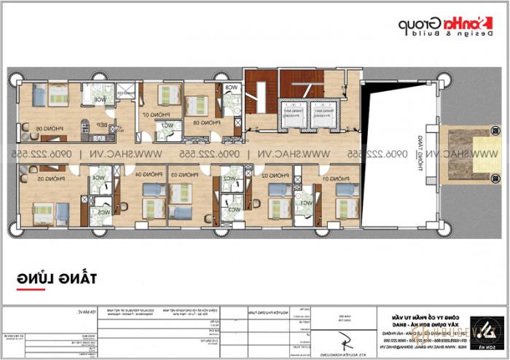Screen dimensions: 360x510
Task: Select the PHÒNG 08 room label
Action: (x=195, y=123)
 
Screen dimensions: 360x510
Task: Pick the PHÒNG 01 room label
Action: (x=336, y=178)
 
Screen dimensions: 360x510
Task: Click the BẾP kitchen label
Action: (x=103, y=125)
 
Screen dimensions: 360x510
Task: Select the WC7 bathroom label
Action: (x=168, y=125)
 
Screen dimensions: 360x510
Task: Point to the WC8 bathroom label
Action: (x=232, y=88)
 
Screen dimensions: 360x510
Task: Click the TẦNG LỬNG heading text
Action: (x=58, y=278)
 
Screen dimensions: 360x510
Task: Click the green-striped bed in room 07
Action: (x=170, y=93)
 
